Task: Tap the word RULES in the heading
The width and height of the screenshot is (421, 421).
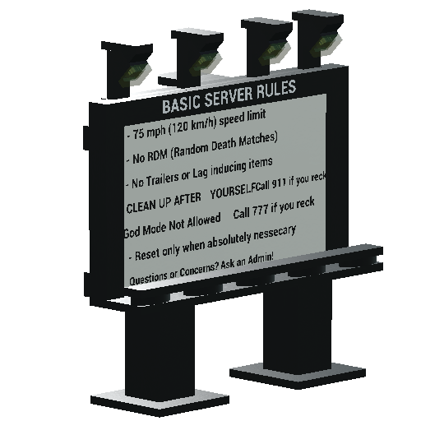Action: pyautogui.click(x=276, y=88)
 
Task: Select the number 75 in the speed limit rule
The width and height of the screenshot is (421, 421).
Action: pyautogui.click(x=138, y=134)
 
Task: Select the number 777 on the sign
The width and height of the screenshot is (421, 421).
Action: pyautogui.click(x=260, y=210)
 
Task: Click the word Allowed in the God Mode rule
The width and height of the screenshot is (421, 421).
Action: pyautogui.click(x=204, y=221)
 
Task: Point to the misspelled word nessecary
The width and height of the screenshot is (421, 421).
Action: pyautogui.click(x=275, y=234)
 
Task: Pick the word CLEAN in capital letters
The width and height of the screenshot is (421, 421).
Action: pyautogui.click(x=139, y=206)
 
